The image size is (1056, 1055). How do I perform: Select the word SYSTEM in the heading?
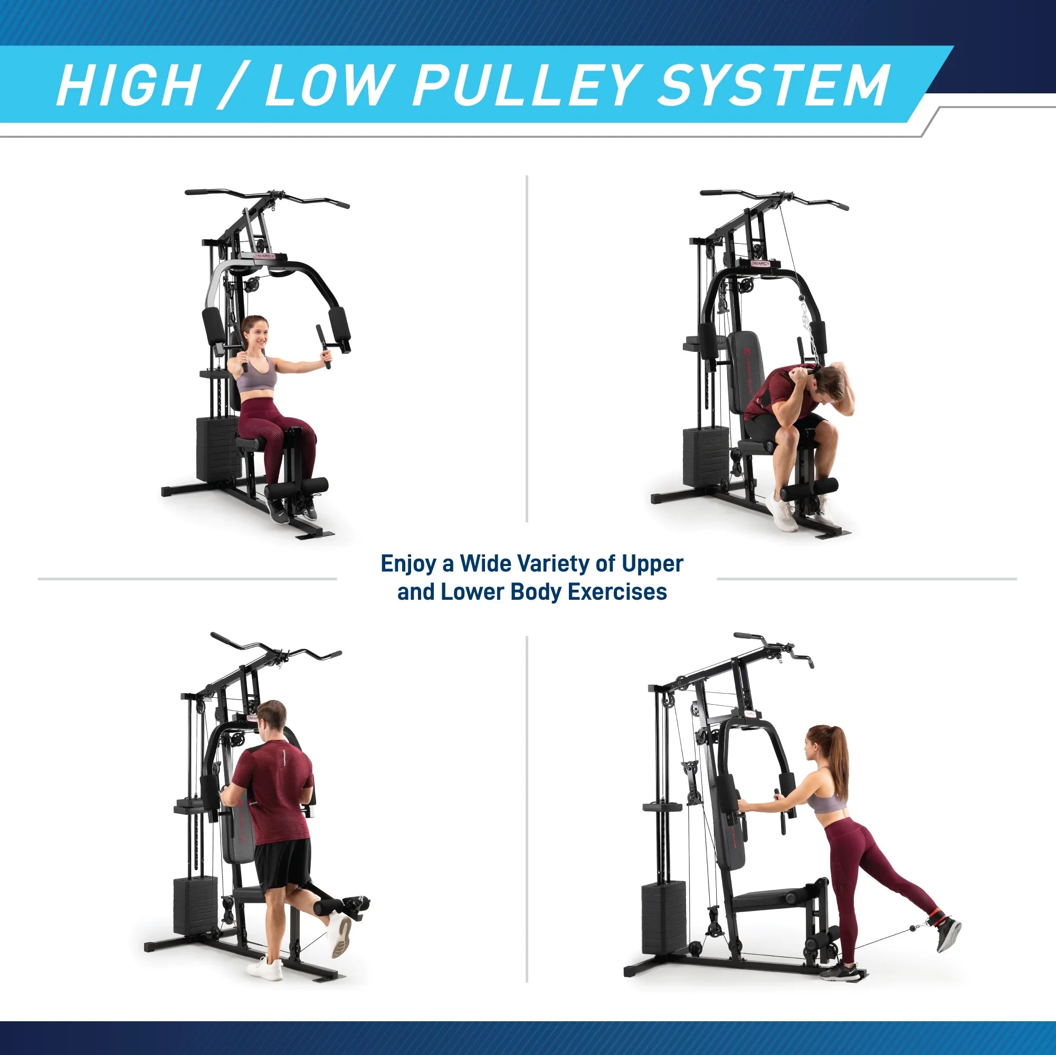774,86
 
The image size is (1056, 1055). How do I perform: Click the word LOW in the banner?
326,86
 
